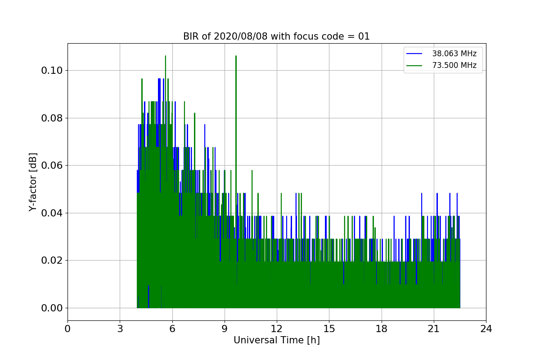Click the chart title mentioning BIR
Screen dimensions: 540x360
point(276,36)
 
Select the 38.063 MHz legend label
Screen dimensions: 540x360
point(454,54)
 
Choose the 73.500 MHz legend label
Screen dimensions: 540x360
point(454,65)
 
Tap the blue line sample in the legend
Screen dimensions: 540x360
point(414,54)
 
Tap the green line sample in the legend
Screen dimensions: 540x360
point(414,66)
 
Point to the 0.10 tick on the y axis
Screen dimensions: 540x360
point(52,70)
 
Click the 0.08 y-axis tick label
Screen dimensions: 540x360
point(52,118)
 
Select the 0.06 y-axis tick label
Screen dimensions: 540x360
point(52,166)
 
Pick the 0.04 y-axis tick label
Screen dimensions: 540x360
point(52,213)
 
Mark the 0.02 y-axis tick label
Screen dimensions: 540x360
point(52,261)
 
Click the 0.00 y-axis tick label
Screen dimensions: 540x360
point(52,308)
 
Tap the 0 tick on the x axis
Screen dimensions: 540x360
point(67,328)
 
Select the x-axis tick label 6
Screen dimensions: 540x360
point(172,328)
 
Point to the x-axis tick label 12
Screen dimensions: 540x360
point(277,328)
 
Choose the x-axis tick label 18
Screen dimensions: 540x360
point(382,328)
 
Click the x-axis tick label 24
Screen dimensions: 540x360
point(486,328)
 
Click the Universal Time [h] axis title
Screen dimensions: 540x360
point(277,340)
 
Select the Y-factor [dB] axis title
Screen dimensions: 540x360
point(33,182)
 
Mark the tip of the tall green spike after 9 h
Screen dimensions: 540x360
point(236,56)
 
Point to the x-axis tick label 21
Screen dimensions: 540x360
point(434,328)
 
